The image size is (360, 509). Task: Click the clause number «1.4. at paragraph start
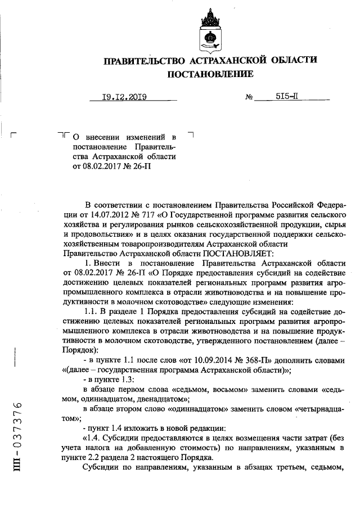click(x=93, y=438)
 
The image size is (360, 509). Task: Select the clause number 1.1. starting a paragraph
click(x=91, y=311)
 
